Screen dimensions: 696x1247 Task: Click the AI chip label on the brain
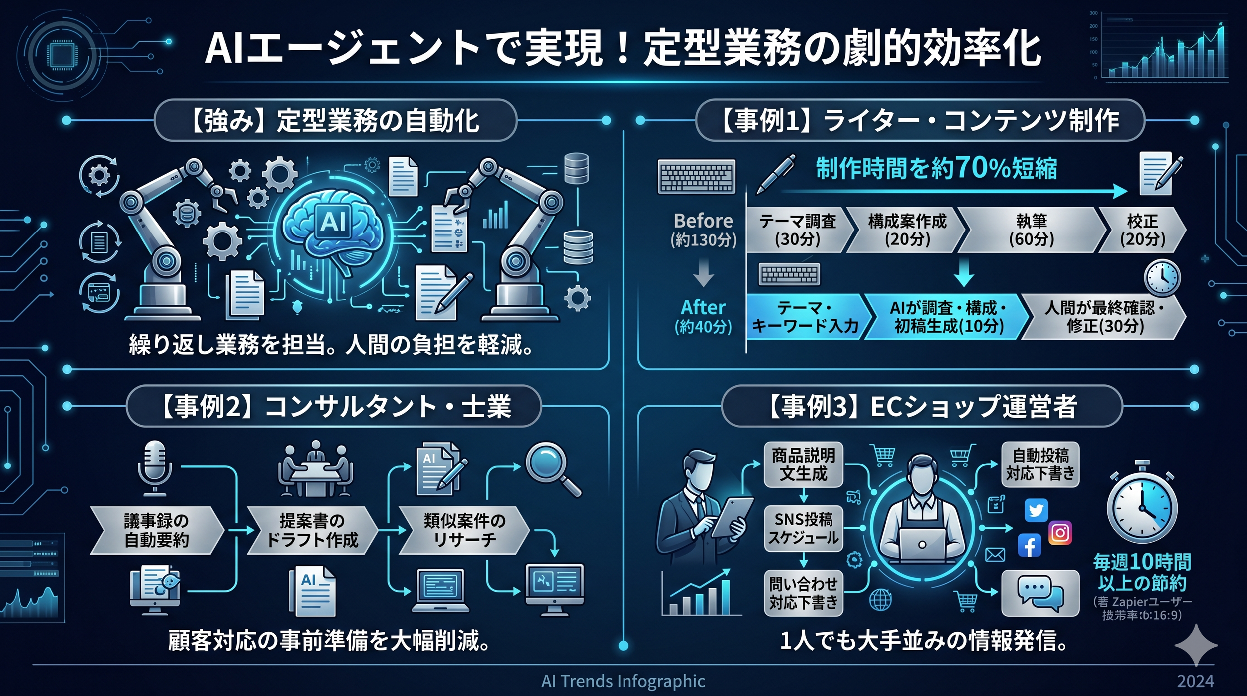[x=333, y=221]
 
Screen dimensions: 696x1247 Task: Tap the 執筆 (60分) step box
[x=1031, y=230]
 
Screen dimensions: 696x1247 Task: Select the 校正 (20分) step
[x=1142, y=230]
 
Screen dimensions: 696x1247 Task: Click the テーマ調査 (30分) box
[x=798, y=230]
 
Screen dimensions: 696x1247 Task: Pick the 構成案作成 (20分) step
[x=907, y=230]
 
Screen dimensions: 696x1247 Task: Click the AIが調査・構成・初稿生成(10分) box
[x=948, y=317]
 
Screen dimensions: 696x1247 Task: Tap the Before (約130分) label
[x=703, y=230]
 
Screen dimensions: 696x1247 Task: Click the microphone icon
[x=154, y=467]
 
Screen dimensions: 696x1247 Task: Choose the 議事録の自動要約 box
[x=156, y=530]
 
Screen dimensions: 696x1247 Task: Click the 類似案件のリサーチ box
[x=464, y=530]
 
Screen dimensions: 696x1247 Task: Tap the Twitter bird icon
[x=1036, y=510]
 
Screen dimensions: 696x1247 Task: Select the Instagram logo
[x=1060, y=533]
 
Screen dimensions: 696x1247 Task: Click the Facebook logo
[x=1030, y=546]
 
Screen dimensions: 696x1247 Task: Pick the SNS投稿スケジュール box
[x=803, y=529]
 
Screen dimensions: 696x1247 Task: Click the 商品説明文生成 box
[x=803, y=464]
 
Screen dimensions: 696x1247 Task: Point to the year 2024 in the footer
[x=1195, y=681]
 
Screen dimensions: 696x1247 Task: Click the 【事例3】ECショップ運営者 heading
[x=922, y=406]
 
